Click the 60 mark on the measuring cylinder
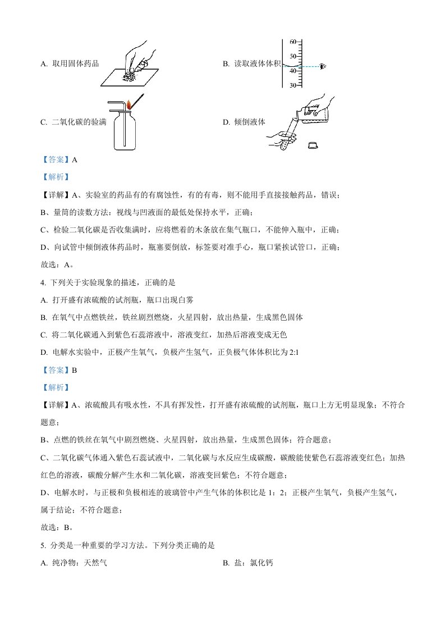click(293, 42)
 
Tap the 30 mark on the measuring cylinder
click(293, 85)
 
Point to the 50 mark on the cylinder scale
click(293, 57)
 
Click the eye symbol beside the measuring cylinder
click(322, 67)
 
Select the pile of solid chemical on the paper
click(131, 75)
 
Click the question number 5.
click(43, 545)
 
